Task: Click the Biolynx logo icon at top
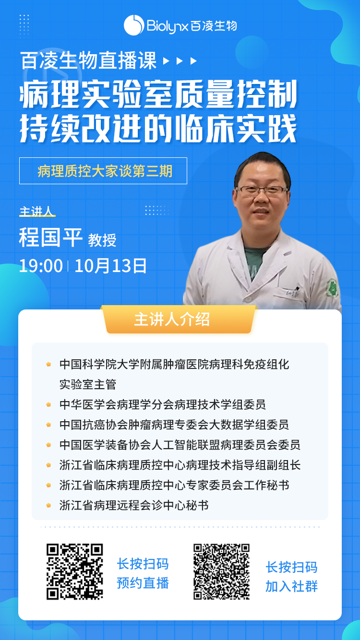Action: [133, 25]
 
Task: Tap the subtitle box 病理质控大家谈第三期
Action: [103, 171]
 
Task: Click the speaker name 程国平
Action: [51, 237]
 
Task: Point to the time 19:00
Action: [41, 266]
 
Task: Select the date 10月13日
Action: [110, 266]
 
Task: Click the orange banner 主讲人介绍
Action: [179, 320]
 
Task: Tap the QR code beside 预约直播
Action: [75, 571]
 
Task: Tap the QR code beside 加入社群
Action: [221, 571]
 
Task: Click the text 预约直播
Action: [143, 583]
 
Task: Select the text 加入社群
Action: [291, 586]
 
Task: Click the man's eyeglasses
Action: [262, 190]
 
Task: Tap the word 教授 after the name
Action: [102, 240]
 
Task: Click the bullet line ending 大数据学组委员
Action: [174, 425]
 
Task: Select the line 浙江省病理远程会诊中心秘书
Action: [134, 505]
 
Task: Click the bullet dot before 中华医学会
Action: [48, 404]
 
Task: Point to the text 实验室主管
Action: [88, 384]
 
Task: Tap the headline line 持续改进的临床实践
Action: [158, 129]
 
